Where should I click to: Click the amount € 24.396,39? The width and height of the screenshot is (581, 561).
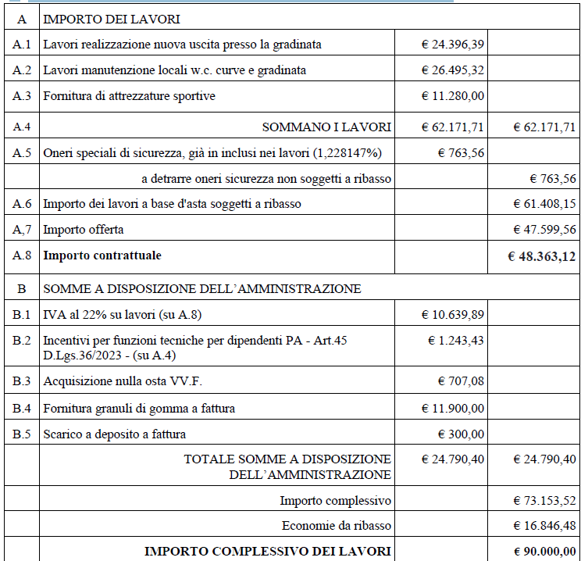pyautogui.click(x=452, y=45)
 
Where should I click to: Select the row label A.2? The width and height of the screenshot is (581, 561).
pyautogui.click(x=22, y=70)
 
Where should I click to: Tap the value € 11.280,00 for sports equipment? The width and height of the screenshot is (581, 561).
pyautogui.click(x=452, y=96)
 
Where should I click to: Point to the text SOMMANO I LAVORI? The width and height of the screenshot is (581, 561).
pyautogui.click(x=326, y=127)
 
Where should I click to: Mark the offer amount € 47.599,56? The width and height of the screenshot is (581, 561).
pyautogui.click(x=544, y=230)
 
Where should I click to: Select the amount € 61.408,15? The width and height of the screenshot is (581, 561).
pyautogui.click(x=544, y=204)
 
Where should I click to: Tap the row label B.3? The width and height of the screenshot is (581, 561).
pyautogui.click(x=22, y=381)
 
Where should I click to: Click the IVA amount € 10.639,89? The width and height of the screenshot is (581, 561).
pyautogui.click(x=452, y=315)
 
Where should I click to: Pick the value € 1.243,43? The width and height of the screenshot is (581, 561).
pyautogui.click(x=456, y=341)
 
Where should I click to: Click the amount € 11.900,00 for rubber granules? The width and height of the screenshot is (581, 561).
pyautogui.click(x=452, y=408)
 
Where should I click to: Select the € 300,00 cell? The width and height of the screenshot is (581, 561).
pyautogui.click(x=460, y=434)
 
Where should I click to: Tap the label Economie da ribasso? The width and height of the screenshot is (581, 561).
pyautogui.click(x=336, y=525)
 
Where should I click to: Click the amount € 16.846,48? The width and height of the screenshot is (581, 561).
pyautogui.click(x=544, y=525)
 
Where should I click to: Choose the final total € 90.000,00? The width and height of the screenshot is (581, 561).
pyautogui.click(x=544, y=552)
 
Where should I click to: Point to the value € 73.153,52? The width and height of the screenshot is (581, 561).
pyautogui.click(x=544, y=500)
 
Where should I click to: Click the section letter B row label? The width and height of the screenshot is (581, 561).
pyautogui.click(x=22, y=288)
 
